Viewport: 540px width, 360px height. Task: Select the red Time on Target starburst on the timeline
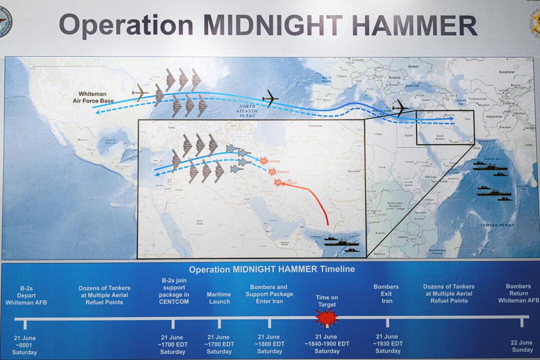pyautogui.click(x=327, y=317)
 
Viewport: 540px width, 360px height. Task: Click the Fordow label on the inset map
pyautogui.click(x=274, y=161)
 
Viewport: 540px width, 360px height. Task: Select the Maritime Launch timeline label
pyautogui.click(x=219, y=298)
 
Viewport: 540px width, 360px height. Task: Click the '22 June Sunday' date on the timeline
pyautogui.click(x=521, y=346)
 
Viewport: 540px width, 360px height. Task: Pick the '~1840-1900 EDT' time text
pyautogui.click(x=327, y=344)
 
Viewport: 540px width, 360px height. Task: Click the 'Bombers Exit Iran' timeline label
pyautogui.click(x=386, y=294)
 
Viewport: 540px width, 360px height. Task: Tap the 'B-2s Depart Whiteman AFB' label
pyautogui.click(x=26, y=295)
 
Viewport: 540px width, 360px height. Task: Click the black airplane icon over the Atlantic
pyautogui.click(x=270, y=98)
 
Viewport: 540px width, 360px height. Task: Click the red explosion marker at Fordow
pyautogui.click(x=263, y=161)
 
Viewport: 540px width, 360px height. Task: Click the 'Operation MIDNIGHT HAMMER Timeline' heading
pyautogui.click(x=271, y=269)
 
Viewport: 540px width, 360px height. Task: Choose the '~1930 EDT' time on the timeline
pyautogui.click(x=388, y=344)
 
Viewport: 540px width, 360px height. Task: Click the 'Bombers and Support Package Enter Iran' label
pyautogui.click(x=269, y=294)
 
